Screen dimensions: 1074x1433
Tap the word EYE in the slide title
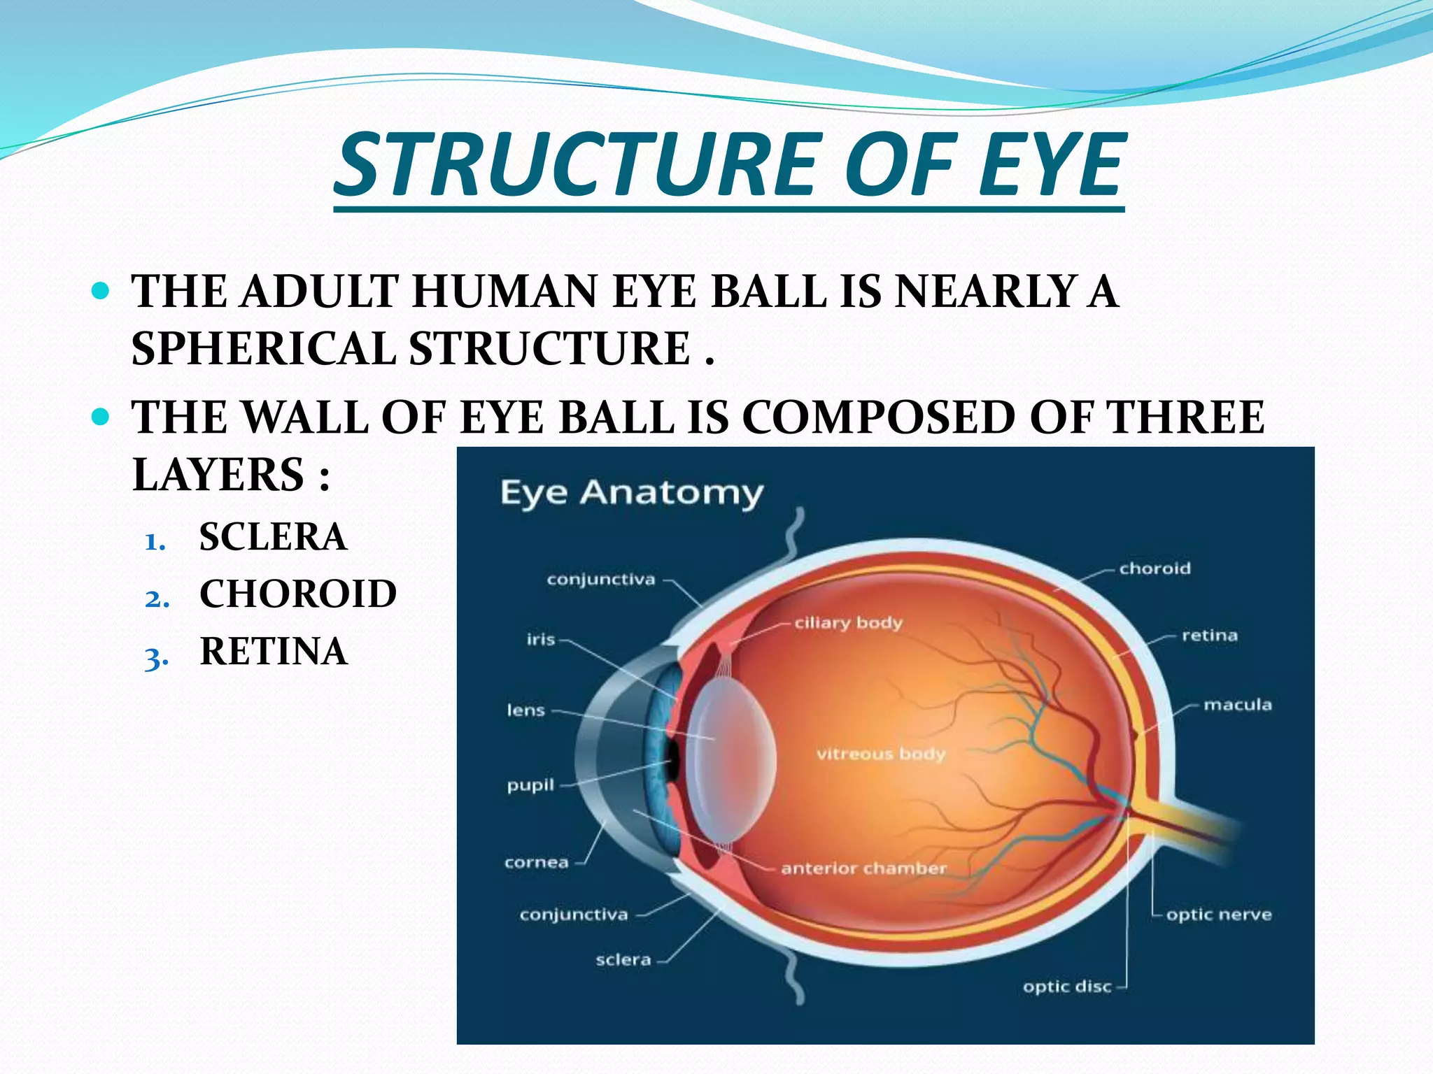click(x=1050, y=166)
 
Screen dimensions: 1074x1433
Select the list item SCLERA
click(x=273, y=537)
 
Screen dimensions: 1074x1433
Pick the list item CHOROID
click(x=298, y=594)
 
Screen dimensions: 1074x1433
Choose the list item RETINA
click(x=274, y=652)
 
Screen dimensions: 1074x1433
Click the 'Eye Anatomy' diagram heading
click(x=631, y=493)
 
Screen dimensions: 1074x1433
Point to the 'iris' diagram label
click(x=541, y=640)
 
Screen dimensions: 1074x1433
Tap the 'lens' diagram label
click(x=525, y=710)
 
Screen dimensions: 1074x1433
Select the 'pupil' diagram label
click(x=530, y=785)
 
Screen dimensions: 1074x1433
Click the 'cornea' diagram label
click(x=537, y=862)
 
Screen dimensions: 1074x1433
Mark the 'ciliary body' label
click(x=848, y=623)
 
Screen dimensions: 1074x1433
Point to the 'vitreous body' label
click(x=880, y=754)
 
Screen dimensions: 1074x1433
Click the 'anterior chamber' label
click(x=863, y=868)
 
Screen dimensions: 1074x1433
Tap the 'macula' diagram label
click(x=1237, y=705)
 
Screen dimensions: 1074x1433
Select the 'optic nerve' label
click(x=1218, y=915)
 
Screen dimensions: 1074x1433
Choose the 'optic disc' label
click(x=1066, y=987)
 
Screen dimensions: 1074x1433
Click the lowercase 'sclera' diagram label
click(x=623, y=960)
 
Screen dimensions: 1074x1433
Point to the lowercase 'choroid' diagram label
click(x=1155, y=568)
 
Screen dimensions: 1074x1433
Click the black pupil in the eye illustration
click(x=673, y=760)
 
